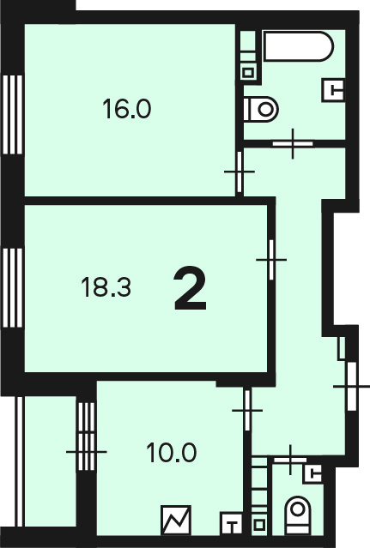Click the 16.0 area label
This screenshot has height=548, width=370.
click(x=126, y=109)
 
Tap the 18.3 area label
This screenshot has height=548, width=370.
click(x=106, y=287)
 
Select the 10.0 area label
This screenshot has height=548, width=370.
click(x=172, y=453)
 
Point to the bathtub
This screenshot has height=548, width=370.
click(x=298, y=46)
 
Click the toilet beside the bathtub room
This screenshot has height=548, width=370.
click(x=260, y=110)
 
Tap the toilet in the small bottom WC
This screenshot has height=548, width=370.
click(x=298, y=515)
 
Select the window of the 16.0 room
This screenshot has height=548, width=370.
click(x=13, y=115)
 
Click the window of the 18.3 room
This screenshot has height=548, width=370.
click(x=13, y=287)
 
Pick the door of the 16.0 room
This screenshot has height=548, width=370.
click(x=240, y=172)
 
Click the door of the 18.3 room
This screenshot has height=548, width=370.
click(x=271, y=260)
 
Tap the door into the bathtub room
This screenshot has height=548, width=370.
click(x=293, y=143)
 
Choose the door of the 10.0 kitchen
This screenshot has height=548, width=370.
click(x=247, y=410)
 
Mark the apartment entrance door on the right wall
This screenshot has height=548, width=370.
click(x=351, y=386)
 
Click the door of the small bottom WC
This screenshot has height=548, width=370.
click(x=290, y=460)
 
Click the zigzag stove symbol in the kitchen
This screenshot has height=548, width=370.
click(x=176, y=520)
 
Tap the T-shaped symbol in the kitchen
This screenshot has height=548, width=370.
click(x=231, y=523)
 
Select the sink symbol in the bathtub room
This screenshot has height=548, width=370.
click(x=333, y=90)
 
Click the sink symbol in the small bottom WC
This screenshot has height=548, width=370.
click(x=312, y=473)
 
